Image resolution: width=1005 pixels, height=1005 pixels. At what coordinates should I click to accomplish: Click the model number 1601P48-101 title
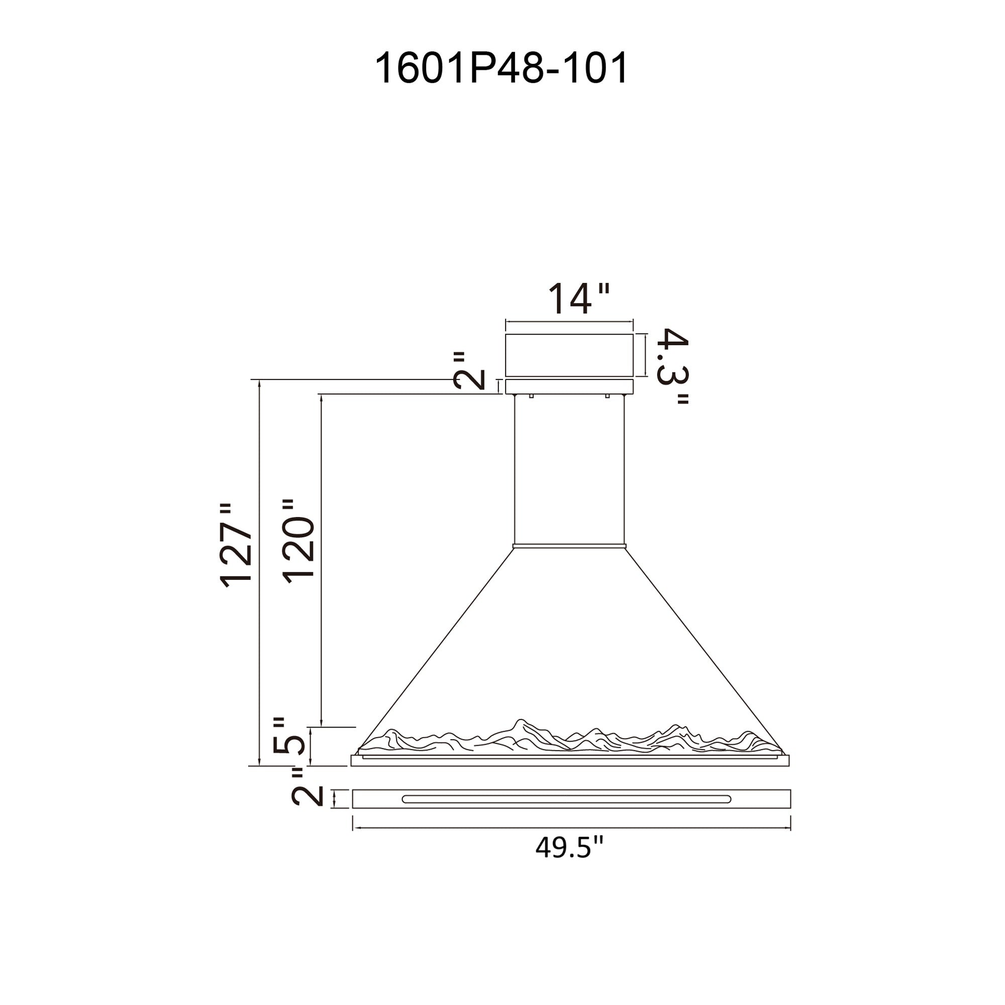(x=501, y=69)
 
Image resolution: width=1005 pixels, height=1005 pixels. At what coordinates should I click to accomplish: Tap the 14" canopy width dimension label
(x=578, y=298)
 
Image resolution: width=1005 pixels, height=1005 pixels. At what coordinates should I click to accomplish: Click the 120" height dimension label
(x=298, y=541)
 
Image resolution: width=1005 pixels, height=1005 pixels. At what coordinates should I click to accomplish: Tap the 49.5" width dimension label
(x=569, y=847)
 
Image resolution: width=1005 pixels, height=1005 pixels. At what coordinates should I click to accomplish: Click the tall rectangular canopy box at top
(x=569, y=355)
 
